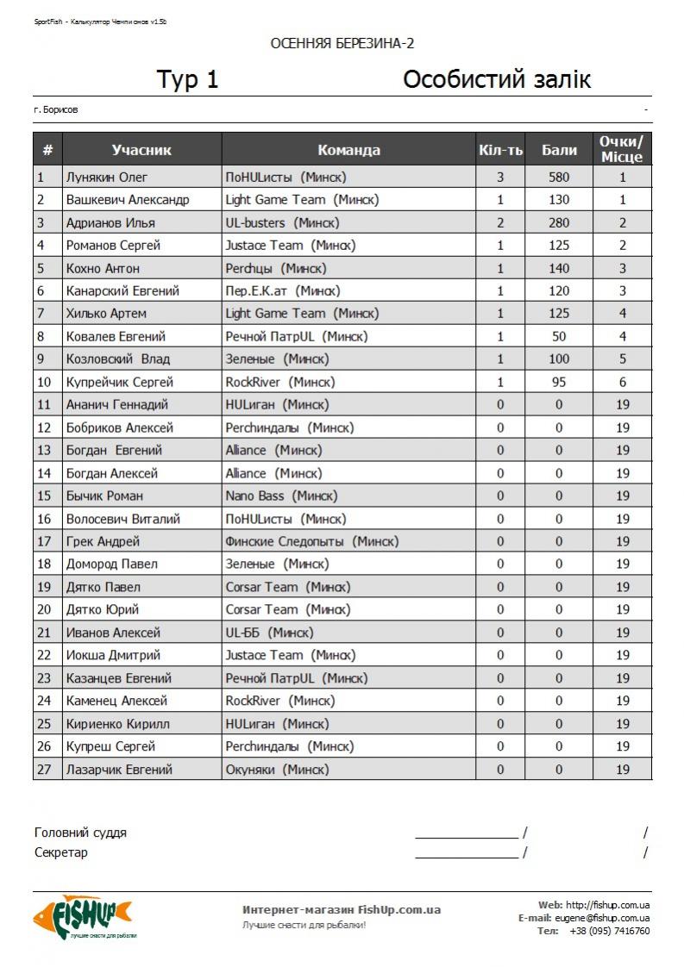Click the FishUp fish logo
point(83,916)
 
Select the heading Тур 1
point(187,80)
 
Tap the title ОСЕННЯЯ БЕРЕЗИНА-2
point(342,44)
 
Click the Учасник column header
point(141,150)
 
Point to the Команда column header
point(348,150)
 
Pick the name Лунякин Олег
point(107,178)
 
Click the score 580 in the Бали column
point(559,178)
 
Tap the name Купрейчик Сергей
point(120,382)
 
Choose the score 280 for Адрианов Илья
point(559,222)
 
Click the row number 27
point(44,769)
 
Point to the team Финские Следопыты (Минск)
point(311,541)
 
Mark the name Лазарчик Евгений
point(119,769)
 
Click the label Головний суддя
point(80,833)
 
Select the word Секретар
point(61,852)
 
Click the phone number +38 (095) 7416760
point(610,931)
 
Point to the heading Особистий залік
point(497,80)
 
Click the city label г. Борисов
point(56,110)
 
